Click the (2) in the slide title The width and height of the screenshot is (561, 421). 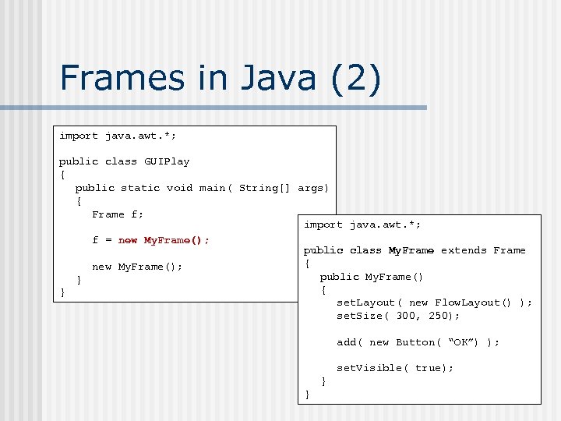pyautogui.click(x=356, y=79)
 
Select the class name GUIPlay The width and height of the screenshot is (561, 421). pyautogui.click(x=167, y=161)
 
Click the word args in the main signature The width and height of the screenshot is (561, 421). pyautogui.click(x=313, y=188)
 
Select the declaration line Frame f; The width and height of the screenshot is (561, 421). pyautogui.click(x=118, y=214)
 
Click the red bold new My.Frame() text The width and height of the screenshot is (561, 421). pyautogui.click(x=164, y=240)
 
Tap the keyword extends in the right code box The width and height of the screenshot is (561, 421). pyautogui.click(x=464, y=250)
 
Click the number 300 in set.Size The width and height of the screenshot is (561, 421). pyautogui.click(x=406, y=316)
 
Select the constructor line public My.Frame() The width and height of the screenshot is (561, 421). pyautogui.click(x=372, y=277)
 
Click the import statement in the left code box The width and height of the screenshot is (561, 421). pyautogui.click(x=118, y=136)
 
